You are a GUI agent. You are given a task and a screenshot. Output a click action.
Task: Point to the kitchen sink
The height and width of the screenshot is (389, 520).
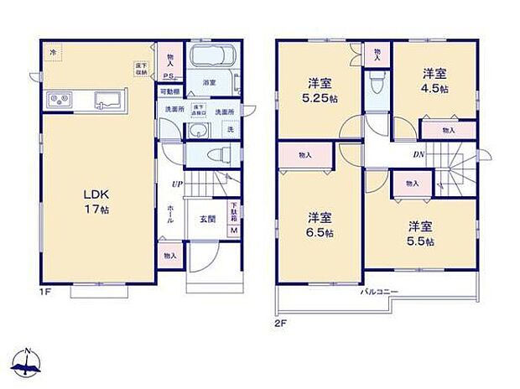107,101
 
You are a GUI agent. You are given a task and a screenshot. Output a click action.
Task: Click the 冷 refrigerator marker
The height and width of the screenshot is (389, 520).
53,53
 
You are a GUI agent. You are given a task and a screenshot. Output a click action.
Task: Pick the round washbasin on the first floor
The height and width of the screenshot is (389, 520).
199,130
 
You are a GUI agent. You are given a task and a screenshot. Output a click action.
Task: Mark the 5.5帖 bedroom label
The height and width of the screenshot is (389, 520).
421,232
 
